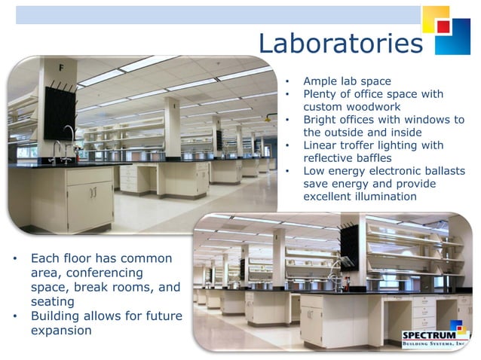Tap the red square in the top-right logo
443,26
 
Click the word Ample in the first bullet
320,81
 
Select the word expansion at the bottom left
61,330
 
